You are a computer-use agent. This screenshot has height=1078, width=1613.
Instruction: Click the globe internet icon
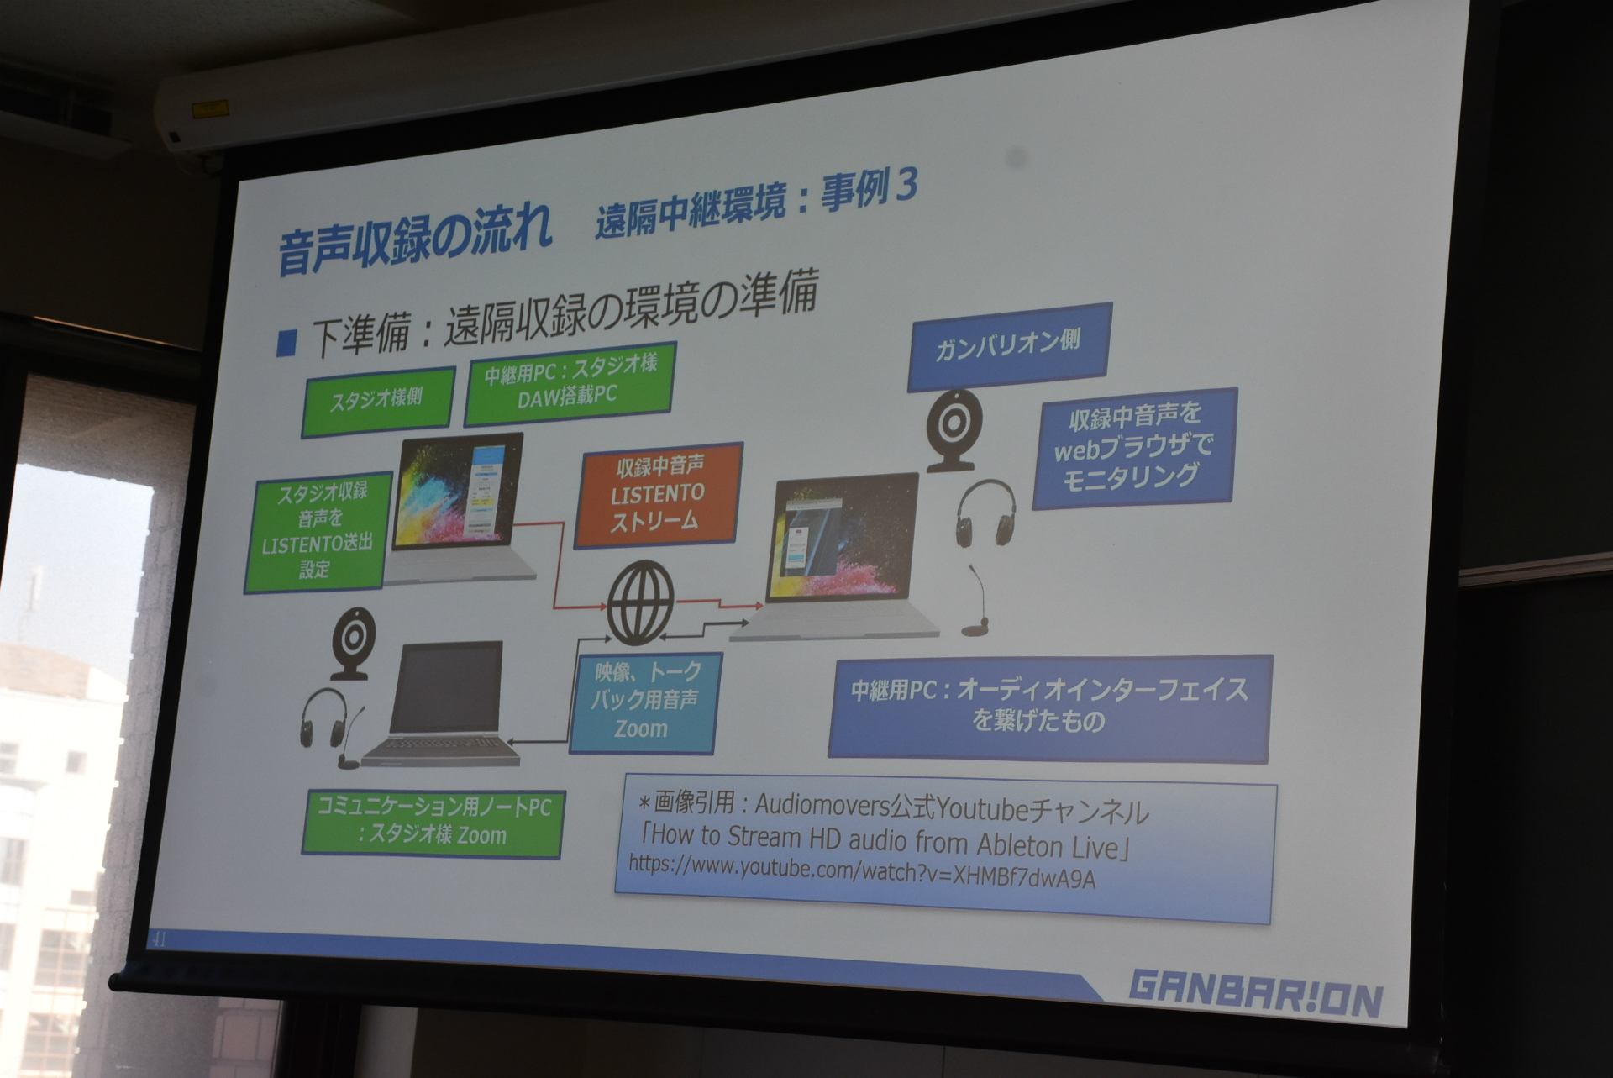[640, 602]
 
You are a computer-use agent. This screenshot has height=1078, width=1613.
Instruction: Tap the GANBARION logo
[1256, 996]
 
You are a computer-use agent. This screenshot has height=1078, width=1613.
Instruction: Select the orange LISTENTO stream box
[658, 496]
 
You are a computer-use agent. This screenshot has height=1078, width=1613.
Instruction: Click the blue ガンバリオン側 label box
[1009, 346]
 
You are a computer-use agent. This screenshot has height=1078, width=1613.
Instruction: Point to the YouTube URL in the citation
[862, 872]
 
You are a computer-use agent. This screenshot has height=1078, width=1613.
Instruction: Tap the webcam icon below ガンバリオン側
[955, 429]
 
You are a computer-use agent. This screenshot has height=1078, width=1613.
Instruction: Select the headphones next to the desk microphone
[985, 513]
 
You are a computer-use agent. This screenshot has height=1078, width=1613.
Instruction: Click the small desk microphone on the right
[978, 600]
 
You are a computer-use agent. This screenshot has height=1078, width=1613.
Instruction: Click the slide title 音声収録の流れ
[415, 239]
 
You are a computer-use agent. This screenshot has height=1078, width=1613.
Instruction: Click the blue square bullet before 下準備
[287, 343]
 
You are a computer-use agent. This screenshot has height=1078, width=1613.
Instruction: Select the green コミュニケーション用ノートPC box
[433, 823]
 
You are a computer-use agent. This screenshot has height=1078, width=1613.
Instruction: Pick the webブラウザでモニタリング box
[1134, 447]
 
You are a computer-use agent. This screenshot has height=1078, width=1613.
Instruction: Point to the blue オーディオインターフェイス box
[1049, 706]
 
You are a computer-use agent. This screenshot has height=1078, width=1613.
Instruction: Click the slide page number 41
[158, 939]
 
